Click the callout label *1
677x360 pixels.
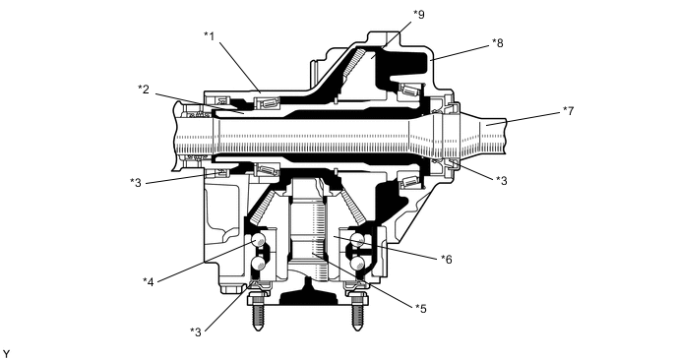pyautogui.click(x=210, y=35)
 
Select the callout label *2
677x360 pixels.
pyautogui.click(x=144, y=90)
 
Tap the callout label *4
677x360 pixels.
pyautogui.click(x=148, y=282)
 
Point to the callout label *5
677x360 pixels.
pyautogui.click(x=420, y=309)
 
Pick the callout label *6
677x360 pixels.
pyautogui.click(x=447, y=259)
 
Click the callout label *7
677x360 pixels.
pyautogui.click(x=569, y=111)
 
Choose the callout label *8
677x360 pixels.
pyautogui.click(x=497, y=42)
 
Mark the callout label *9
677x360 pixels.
pyautogui.click(x=419, y=14)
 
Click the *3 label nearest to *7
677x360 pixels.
pyautogui.click(x=501, y=180)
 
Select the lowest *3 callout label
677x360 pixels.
pyautogui.click(x=196, y=331)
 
